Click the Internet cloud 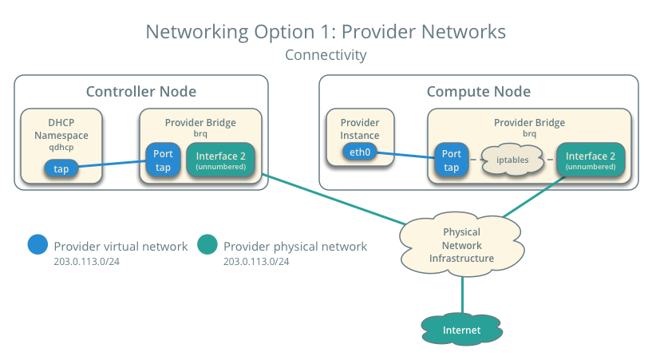tap(462, 329)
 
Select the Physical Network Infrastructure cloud tap(461, 246)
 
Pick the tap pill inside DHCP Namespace tap(61, 169)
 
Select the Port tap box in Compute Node tap(452, 160)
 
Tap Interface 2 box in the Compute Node tap(590, 160)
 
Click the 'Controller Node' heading tap(140, 92)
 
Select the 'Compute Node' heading tap(478, 92)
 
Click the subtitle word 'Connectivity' tap(326, 56)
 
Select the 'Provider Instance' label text tap(360, 129)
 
